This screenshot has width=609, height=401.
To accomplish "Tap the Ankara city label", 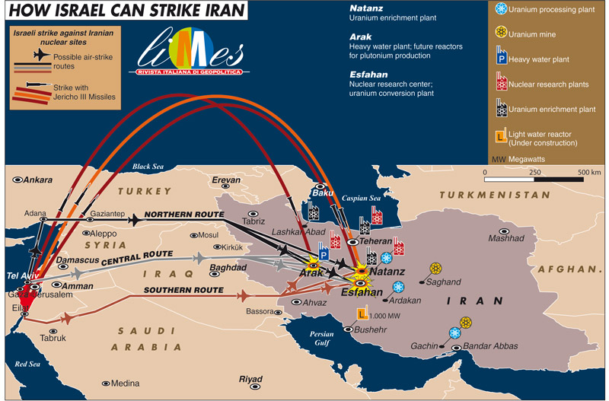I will click(38, 180).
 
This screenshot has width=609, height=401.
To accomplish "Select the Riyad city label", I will click(250, 379).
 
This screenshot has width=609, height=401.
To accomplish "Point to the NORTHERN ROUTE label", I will click(183, 215).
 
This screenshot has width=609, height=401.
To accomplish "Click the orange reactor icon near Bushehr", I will click(362, 313).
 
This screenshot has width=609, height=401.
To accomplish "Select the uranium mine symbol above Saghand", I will click(436, 269).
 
